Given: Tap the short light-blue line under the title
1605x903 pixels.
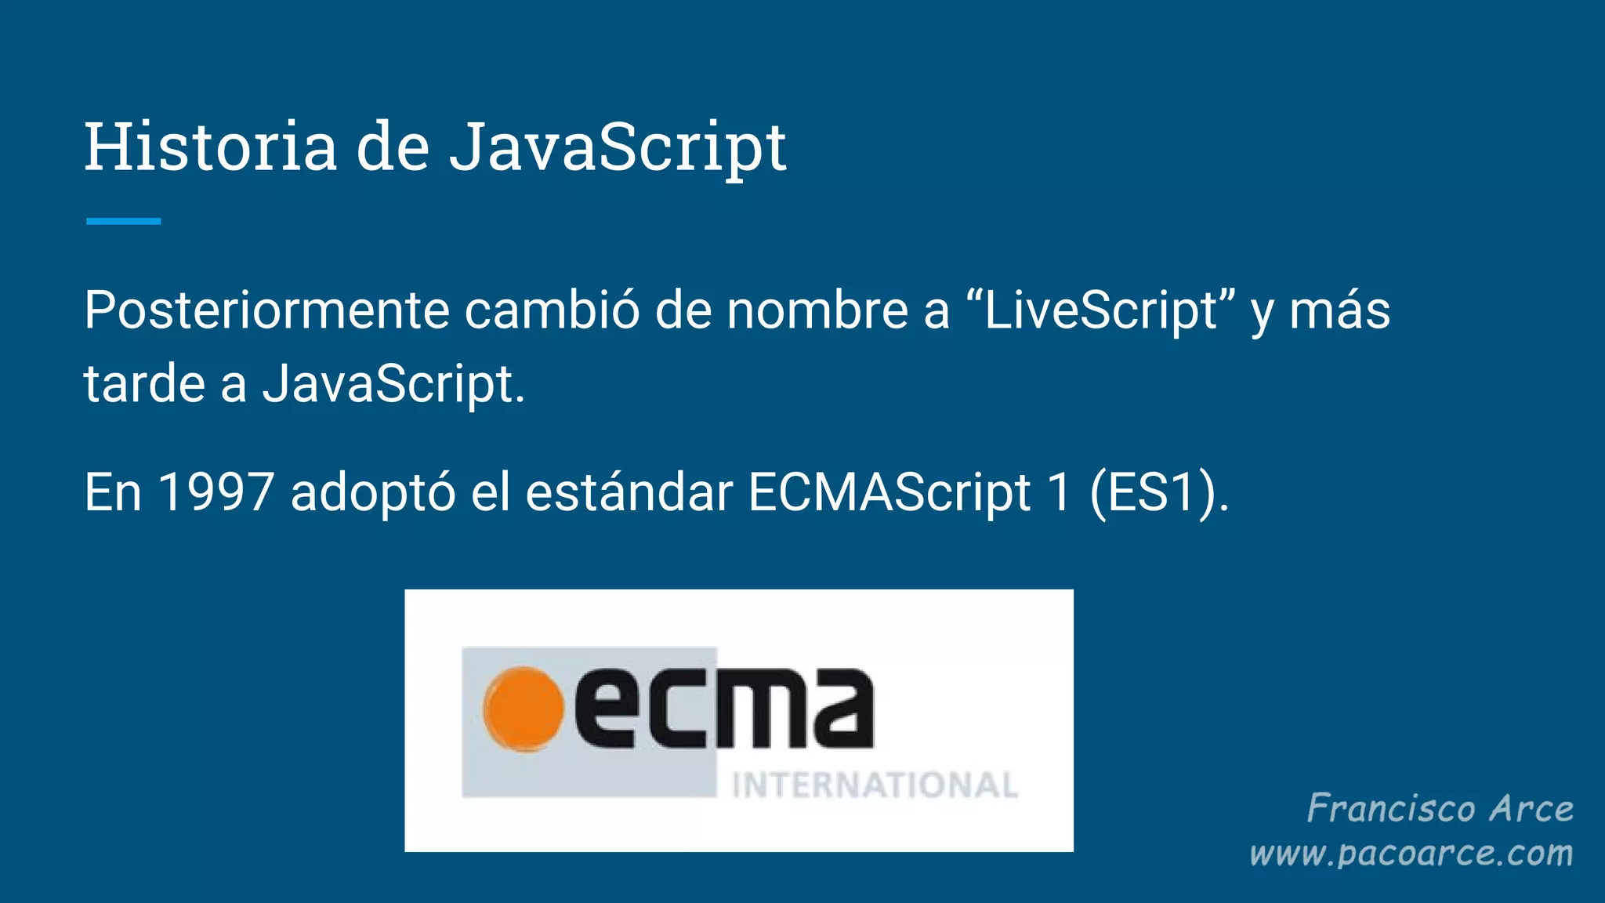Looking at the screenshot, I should [123, 222].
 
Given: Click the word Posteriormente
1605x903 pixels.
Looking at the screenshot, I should [266, 310].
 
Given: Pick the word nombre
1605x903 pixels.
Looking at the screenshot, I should [817, 310].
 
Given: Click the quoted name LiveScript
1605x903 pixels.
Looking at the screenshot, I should [1100, 310].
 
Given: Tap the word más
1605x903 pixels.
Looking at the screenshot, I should [1339, 310].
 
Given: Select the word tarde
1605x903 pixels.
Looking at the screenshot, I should [145, 384].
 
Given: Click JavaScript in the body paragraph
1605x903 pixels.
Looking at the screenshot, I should [388, 384].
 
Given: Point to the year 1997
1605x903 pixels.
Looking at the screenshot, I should [216, 493].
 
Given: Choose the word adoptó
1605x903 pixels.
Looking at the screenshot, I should [373, 493].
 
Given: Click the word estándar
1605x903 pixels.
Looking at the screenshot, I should [629, 493].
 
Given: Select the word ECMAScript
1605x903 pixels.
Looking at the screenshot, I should [889, 493].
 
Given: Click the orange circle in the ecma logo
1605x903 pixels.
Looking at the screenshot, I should [523, 709].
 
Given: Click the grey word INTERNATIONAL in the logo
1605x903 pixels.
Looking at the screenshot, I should [875, 785].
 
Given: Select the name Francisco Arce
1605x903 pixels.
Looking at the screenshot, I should [1440, 809].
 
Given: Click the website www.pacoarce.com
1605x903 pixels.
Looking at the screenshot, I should [1411, 853].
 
